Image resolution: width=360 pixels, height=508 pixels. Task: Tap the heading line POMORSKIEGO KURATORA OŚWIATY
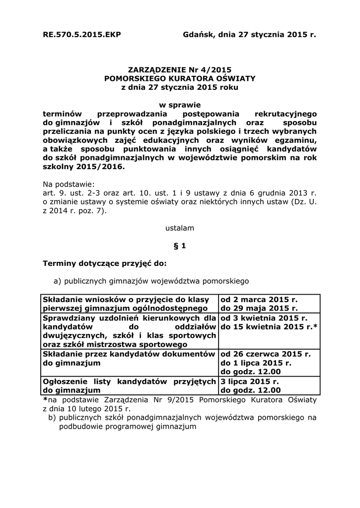(x=180, y=78)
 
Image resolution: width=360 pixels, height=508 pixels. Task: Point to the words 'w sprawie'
(x=180, y=105)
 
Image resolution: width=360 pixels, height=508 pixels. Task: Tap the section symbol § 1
(x=180, y=245)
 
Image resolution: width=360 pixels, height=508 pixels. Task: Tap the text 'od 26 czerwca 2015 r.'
(x=265, y=354)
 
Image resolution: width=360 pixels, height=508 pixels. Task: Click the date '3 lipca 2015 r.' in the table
(x=250, y=381)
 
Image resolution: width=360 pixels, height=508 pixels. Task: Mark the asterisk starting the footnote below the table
(x=45, y=399)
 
